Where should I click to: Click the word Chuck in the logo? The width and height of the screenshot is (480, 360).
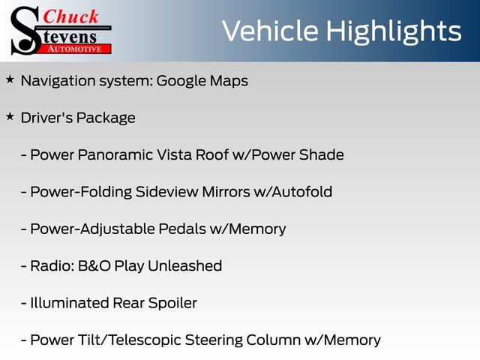pos(70,16)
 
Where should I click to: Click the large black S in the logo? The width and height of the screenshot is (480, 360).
pos(25,31)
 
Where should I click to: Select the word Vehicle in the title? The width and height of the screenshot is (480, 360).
pos(270,31)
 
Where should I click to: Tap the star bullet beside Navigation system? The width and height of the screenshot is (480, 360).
pos(10,79)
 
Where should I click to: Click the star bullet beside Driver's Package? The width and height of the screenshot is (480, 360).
pos(10,116)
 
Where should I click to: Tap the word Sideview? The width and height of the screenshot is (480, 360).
pos(166,192)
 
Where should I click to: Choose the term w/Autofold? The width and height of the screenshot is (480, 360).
pos(293,192)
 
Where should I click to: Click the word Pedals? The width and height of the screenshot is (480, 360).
pos(182,229)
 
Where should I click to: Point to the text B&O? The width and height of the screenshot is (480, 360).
pos(94,266)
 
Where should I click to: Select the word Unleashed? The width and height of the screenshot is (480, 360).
pos(185,265)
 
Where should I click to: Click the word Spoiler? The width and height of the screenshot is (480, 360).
pos(172,304)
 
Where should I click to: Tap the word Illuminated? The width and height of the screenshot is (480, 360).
pos(70,303)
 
